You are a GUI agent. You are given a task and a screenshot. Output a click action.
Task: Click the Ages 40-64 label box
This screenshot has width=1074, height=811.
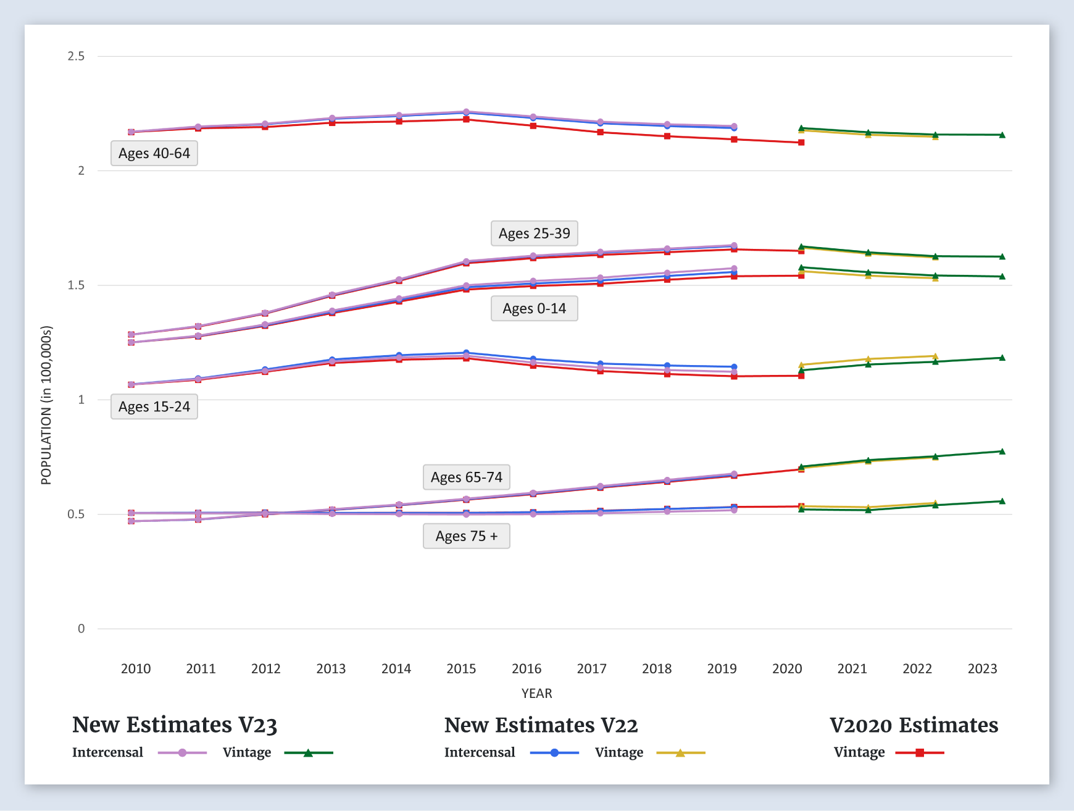click(154, 153)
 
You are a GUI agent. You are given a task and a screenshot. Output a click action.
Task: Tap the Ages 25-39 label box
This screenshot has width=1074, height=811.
click(535, 233)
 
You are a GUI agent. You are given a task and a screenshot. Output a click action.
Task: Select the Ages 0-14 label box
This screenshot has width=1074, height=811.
click(535, 308)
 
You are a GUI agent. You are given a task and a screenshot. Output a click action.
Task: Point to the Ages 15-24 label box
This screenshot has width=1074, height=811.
click(154, 406)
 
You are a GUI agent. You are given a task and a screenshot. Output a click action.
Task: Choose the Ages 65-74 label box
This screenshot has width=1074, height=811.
click(467, 477)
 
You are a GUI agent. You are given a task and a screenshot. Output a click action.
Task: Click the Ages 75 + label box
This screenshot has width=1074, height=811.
click(467, 536)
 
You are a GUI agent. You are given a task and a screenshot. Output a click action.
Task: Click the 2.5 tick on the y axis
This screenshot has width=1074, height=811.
click(77, 56)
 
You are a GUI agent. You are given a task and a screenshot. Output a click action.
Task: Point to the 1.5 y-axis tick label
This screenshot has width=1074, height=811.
click(77, 285)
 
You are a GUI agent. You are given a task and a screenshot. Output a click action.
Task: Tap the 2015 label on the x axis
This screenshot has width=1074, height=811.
click(461, 668)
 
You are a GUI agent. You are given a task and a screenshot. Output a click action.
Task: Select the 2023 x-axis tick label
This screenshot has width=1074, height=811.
click(982, 668)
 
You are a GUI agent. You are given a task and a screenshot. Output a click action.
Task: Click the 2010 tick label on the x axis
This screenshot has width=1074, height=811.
click(136, 668)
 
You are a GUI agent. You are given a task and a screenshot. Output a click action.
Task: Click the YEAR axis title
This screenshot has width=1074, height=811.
click(536, 693)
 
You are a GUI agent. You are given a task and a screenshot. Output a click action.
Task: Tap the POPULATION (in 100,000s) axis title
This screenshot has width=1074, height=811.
click(46, 405)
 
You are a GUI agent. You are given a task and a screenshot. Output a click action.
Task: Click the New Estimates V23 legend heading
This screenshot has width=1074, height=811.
click(175, 725)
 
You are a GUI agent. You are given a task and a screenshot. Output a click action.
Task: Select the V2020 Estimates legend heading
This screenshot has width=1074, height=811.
click(914, 725)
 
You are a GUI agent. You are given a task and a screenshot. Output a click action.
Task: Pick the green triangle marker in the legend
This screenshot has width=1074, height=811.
click(308, 752)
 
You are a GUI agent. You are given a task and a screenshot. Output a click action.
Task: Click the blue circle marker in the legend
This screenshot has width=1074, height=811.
click(554, 752)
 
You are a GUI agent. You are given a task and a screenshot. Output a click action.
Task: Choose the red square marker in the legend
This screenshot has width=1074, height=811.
click(920, 752)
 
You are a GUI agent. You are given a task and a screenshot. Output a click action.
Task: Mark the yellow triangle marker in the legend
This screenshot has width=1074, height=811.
click(680, 752)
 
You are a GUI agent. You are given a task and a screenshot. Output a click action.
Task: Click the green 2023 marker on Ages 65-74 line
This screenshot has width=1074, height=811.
click(1002, 452)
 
